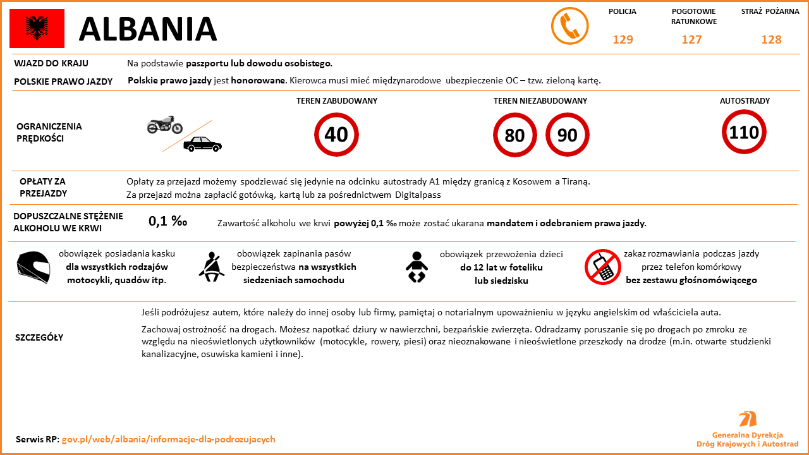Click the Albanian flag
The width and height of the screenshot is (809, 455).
[x=37, y=28]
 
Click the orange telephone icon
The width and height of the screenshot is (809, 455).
[x=570, y=27]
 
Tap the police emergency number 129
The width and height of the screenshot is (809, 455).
[x=623, y=40]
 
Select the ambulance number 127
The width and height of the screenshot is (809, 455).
[x=692, y=40]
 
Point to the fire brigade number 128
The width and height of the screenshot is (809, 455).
[x=771, y=40]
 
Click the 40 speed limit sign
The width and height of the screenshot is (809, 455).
[x=336, y=135]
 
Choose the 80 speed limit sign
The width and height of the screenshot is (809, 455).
[x=515, y=135]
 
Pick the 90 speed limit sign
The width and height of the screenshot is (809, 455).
[x=568, y=135]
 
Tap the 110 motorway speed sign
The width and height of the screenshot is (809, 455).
[x=744, y=132]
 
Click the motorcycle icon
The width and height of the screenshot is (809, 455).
[x=164, y=124]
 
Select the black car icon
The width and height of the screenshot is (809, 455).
[x=202, y=144]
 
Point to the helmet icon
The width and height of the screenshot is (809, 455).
[x=33, y=267]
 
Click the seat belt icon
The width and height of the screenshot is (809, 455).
[x=212, y=267]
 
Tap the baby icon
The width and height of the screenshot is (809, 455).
[x=417, y=267]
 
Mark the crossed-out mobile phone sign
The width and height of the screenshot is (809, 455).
[x=602, y=267]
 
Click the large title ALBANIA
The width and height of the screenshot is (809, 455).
[x=148, y=29]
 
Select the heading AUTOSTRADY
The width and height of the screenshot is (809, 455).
[x=745, y=101]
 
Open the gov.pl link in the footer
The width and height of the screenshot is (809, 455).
[x=169, y=439]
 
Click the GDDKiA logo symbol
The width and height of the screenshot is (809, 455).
[x=748, y=418]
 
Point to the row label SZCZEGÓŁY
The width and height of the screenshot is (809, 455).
[x=39, y=337]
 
